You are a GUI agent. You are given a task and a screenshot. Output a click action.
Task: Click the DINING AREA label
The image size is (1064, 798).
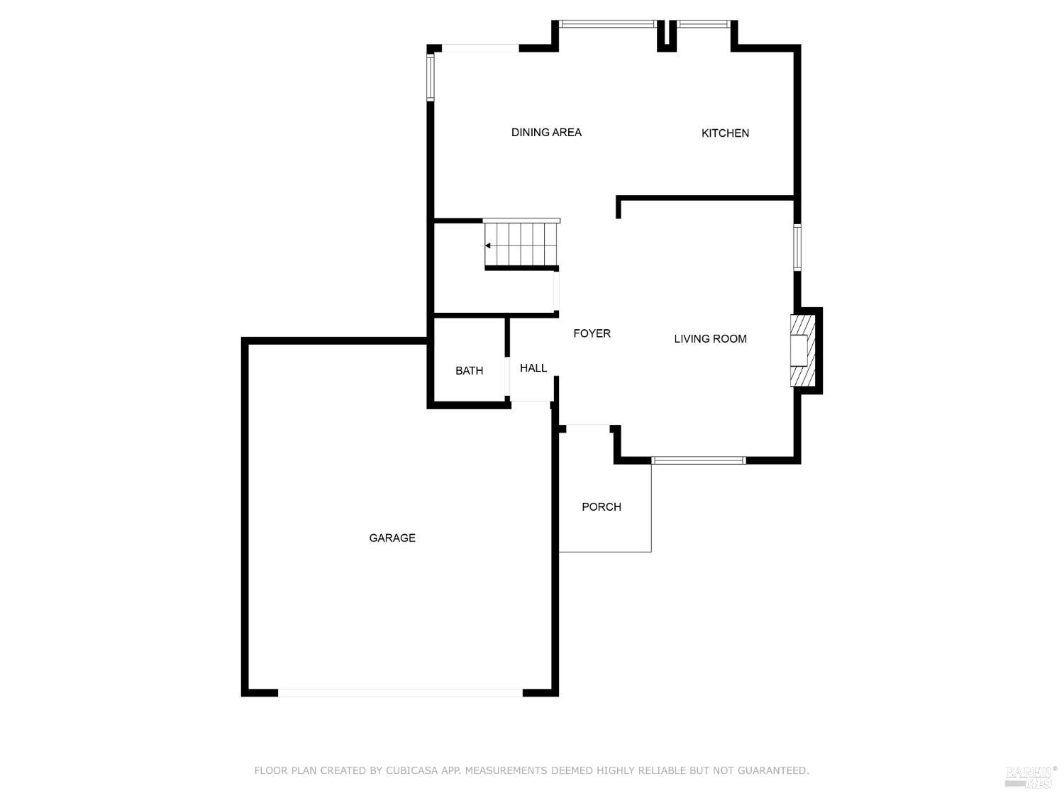point(545,132)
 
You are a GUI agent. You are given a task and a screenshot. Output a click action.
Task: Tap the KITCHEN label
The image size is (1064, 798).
point(725,133)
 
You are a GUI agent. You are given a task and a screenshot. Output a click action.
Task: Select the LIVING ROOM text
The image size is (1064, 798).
point(709,338)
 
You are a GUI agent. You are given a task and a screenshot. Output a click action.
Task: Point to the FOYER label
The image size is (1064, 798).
point(592,333)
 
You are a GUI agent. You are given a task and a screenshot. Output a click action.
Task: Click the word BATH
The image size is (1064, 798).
point(469,371)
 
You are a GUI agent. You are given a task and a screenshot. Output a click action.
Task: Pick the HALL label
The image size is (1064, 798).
point(533,368)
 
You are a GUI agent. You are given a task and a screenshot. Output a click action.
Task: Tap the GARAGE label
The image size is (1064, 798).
point(392,538)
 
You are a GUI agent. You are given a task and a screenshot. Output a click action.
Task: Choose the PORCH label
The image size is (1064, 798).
point(601,506)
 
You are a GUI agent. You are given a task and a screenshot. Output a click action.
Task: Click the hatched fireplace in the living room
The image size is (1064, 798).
point(802,350)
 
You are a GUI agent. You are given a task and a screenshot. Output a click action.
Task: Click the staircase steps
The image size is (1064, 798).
point(521,244)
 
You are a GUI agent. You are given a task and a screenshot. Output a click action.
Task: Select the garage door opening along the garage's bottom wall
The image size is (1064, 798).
point(400,693)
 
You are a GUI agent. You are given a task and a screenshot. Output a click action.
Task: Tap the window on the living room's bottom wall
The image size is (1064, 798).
point(698,460)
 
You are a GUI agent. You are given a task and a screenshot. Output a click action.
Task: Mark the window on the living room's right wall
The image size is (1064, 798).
point(797,247)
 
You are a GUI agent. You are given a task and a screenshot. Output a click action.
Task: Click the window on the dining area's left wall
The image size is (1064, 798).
point(430,77)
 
